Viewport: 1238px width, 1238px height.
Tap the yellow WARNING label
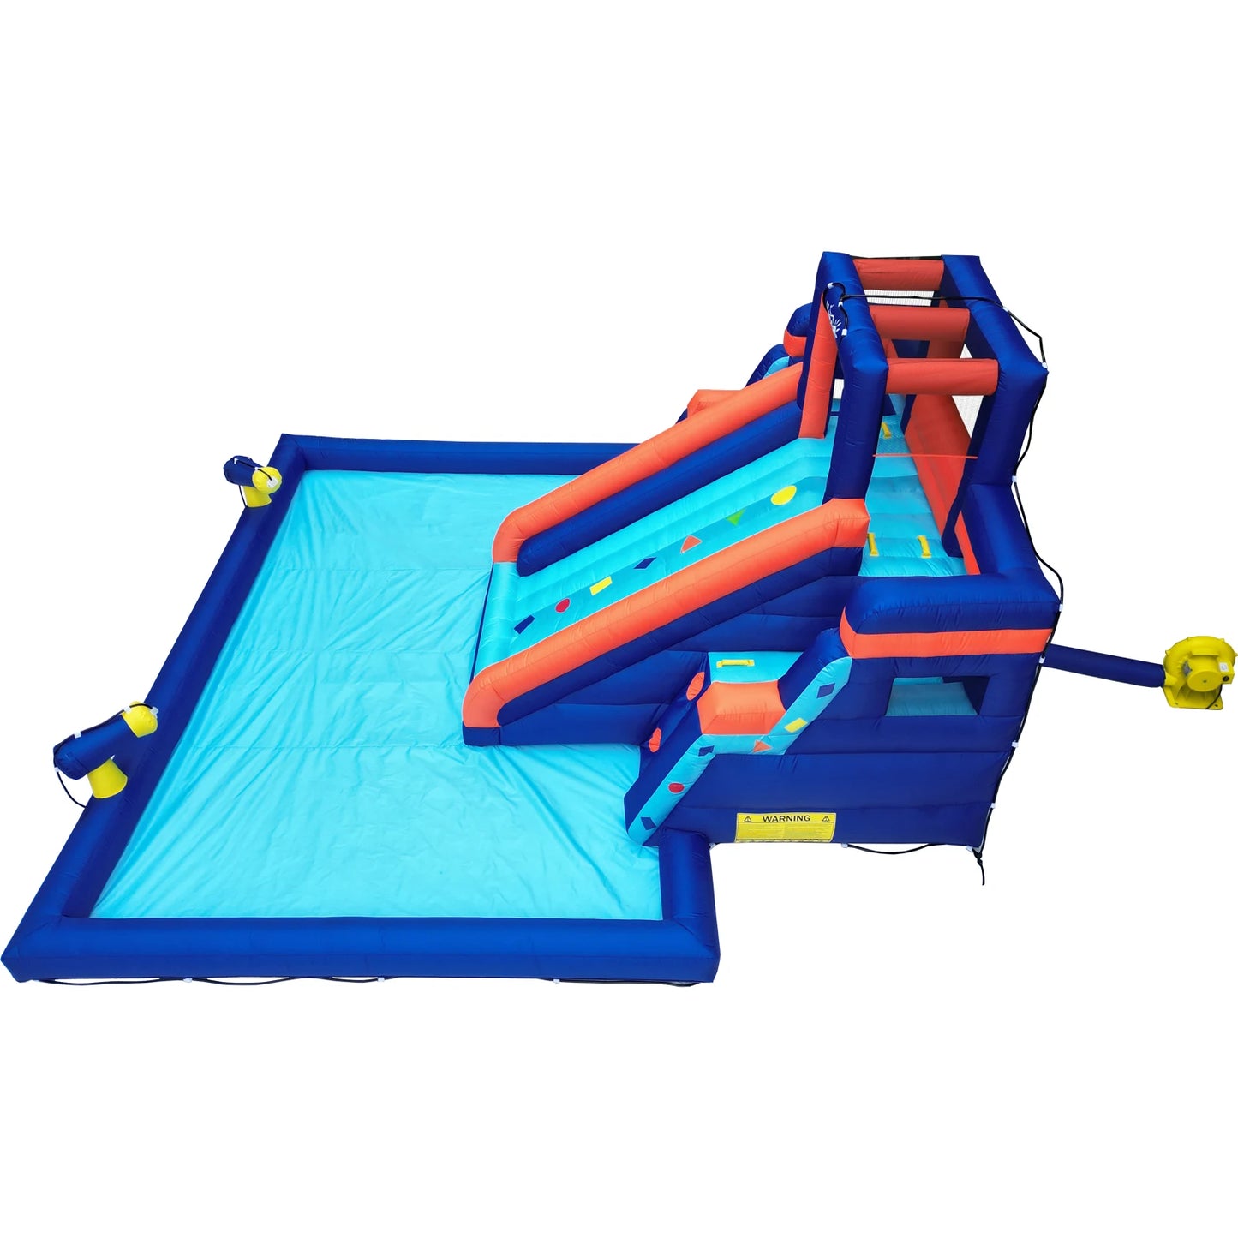tap(785, 826)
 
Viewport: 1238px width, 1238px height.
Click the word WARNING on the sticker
tap(786, 818)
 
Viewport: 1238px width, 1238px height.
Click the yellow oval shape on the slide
tap(782, 495)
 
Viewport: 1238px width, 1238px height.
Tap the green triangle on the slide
tap(734, 517)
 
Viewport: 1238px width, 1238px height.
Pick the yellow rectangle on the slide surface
tap(601, 586)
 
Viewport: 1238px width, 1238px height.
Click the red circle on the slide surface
tap(562, 607)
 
